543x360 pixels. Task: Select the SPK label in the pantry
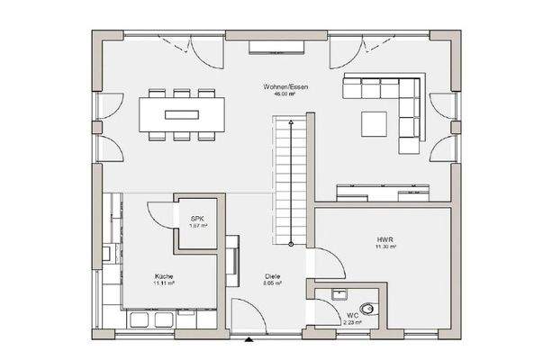[x=196, y=219]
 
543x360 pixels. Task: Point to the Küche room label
[x=163, y=275]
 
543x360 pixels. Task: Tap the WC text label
[x=352, y=316]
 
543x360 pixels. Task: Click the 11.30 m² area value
[x=385, y=246]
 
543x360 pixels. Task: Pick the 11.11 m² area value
[x=163, y=283]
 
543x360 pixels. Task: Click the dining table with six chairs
[x=182, y=114]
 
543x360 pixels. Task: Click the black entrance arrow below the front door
[x=249, y=340]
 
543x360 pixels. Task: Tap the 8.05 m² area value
[x=273, y=283]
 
